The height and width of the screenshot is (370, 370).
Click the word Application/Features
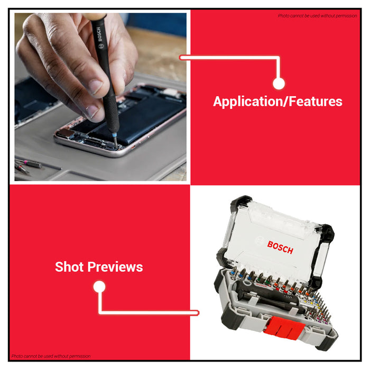(x=277, y=101)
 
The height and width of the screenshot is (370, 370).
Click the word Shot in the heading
(x=69, y=266)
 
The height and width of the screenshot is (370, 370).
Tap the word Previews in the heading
(x=115, y=267)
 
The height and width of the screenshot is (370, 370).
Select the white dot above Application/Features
(x=279, y=84)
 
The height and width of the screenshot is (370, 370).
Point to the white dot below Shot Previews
(x=99, y=286)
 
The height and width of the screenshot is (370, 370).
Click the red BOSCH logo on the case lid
(x=280, y=247)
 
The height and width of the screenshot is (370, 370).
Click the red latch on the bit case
(x=284, y=328)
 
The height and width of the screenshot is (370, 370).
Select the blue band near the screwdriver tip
(x=115, y=135)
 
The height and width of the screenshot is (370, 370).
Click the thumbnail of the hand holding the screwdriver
(x=100, y=97)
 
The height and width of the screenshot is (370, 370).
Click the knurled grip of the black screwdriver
(x=111, y=113)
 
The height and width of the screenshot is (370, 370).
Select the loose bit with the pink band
(x=29, y=163)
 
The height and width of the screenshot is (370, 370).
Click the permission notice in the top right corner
(x=317, y=16)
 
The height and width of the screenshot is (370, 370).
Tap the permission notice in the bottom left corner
(x=51, y=356)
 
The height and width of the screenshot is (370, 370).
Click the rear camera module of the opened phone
(x=67, y=133)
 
